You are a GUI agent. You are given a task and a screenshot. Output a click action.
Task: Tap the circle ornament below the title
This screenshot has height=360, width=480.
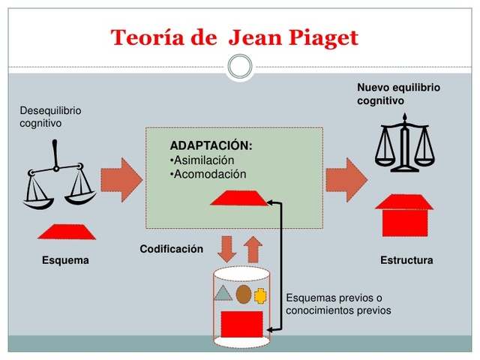[240, 67]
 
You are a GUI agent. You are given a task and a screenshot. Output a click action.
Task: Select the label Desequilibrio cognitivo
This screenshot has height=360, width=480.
[50, 116]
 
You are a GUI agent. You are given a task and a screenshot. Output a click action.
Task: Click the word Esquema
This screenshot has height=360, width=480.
[65, 261]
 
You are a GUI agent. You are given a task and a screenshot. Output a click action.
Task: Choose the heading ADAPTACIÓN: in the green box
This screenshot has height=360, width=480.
[211, 145]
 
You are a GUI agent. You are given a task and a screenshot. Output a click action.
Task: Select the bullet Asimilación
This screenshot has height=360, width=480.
[202, 160]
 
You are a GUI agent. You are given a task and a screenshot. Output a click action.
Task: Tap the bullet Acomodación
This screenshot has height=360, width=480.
[208, 174]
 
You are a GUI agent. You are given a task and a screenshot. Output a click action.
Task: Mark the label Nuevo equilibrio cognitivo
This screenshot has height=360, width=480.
[398, 94]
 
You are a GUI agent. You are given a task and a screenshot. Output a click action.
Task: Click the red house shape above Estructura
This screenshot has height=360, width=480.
[403, 215]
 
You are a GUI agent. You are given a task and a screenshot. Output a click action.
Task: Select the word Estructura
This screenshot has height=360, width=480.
[406, 261]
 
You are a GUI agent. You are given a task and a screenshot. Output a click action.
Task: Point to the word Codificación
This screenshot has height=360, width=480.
[171, 249]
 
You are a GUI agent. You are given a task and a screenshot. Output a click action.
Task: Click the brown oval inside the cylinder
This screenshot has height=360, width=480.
[243, 294]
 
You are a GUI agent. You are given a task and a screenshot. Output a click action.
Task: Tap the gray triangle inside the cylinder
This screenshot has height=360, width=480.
[223, 292]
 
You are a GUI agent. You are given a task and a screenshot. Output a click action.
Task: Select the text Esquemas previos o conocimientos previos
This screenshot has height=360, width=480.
[338, 304]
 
